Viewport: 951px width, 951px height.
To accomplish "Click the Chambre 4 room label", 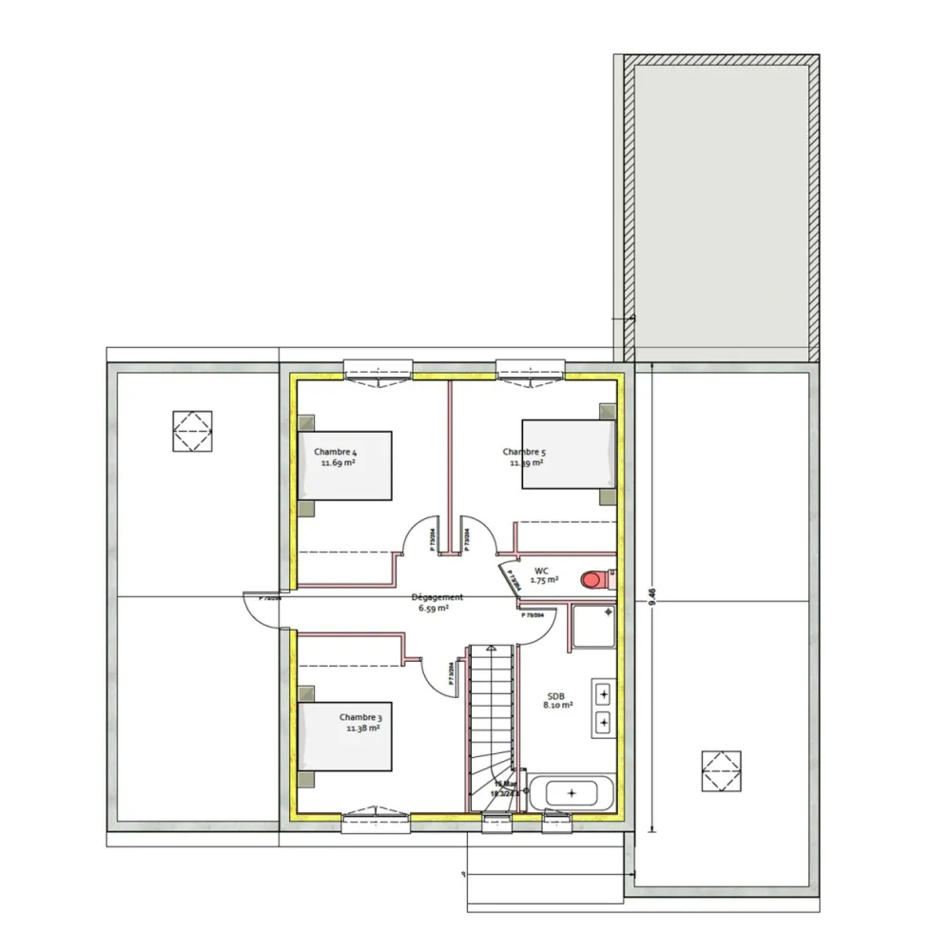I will click(x=336, y=452).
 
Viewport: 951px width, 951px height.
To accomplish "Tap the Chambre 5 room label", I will click(x=524, y=452).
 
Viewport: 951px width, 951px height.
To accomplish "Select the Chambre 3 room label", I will click(x=360, y=717).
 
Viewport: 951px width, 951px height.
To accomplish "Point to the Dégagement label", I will click(x=437, y=597).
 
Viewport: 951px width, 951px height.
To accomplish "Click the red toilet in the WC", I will click(x=596, y=578).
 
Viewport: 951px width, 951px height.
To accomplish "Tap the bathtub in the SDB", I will click(x=571, y=792).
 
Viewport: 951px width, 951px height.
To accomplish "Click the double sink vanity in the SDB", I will click(x=603, y=708).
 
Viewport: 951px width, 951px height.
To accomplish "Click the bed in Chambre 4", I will click(x=345, y=465).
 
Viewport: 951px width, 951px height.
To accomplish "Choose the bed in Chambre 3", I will click(x=345, y=736).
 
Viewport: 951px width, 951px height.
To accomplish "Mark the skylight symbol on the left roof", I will click(x=192, y=432).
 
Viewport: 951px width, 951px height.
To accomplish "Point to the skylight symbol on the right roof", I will click(x=721, y=770).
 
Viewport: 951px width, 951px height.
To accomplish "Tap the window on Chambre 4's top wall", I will click(x=379, y=369).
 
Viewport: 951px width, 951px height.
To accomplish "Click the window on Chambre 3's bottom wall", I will click(x=377, y=816).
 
